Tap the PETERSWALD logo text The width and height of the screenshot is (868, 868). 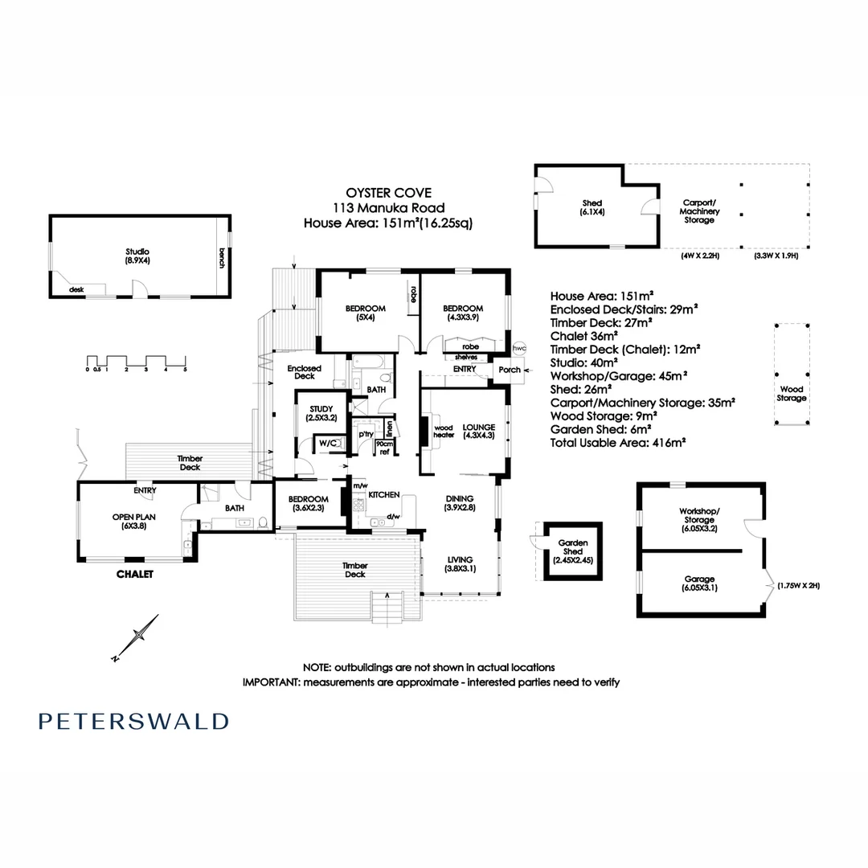[x=133, y=721]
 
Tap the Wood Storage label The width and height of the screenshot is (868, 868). [x=792, y=394]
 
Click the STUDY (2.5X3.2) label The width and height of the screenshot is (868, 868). [x=315, y=413]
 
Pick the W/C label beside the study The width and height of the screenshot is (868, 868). [x=327, y=443]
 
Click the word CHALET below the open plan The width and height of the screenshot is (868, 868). [x=134, y=574]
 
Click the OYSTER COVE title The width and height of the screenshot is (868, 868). [x=388, y=192]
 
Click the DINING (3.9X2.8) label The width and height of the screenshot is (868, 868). [x=459, y=503]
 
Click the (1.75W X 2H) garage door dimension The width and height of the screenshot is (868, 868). [x=798, y=586]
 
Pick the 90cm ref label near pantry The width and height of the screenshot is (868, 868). [x=385, y=448]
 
